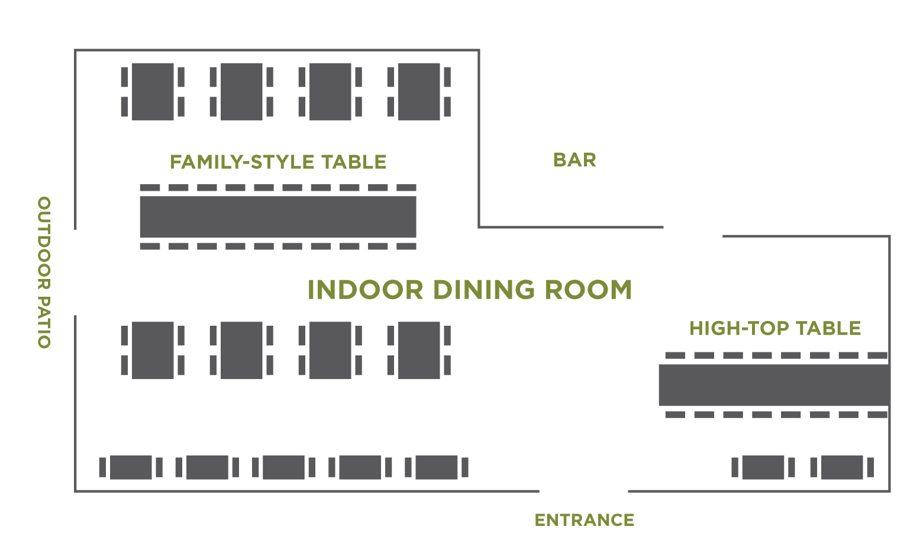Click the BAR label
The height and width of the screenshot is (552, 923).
(x=574, y=160)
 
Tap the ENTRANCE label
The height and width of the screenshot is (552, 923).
(x=584, y=520)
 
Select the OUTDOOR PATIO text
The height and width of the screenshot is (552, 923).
(x=44, y=272)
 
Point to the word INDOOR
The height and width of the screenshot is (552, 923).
(x=366, y=290)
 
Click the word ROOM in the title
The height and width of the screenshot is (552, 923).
(x=588, y=290)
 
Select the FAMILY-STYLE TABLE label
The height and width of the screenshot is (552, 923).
(x=278, y=162)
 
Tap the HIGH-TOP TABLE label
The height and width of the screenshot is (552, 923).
(x=774, y=328)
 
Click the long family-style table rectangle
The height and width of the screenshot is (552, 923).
(x=278, y=217)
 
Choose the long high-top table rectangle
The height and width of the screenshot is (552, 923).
(x=774, y=385)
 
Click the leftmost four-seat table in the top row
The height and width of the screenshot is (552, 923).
(x=153, y=92)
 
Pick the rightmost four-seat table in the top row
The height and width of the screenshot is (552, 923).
(x=419, y=92)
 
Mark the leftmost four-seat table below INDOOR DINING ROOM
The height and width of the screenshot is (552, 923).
(x=153, y=350)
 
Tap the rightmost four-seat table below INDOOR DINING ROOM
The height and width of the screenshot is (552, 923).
(x=419, y=350)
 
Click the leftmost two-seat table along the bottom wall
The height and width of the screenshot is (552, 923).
(x=131, y=467)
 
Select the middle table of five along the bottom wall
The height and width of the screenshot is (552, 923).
(x=283, y=467)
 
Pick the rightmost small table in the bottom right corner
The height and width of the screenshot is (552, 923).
(x=841, y=467)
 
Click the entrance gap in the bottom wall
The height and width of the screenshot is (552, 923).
(x=583, y=491)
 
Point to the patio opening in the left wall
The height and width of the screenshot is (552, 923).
(x=75, y=272)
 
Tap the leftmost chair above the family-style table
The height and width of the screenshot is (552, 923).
(x=150, y=188)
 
